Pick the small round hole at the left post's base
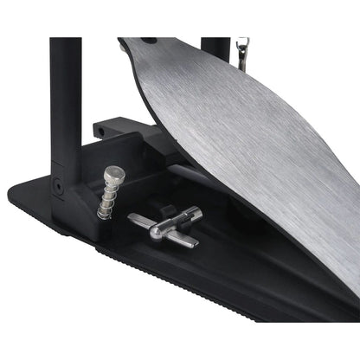coord(57,184)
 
